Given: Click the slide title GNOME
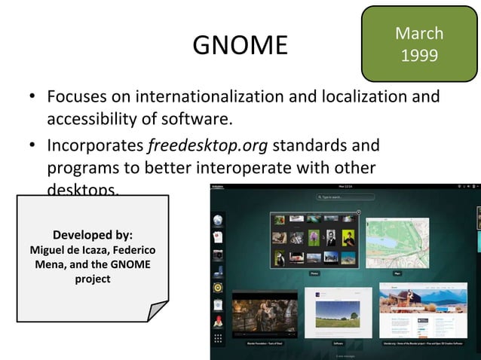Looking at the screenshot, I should click(240, 46).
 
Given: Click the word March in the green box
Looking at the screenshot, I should click(419, 33).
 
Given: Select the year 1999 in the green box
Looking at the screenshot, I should click(419, 56).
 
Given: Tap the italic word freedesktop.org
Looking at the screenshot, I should click(195, 144).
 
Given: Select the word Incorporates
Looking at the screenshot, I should click(96, 144).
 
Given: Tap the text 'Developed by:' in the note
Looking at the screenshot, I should click(93, 234).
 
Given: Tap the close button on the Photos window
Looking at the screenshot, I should click(358, 212).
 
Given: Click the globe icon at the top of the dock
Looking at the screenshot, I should click(218, 220).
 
